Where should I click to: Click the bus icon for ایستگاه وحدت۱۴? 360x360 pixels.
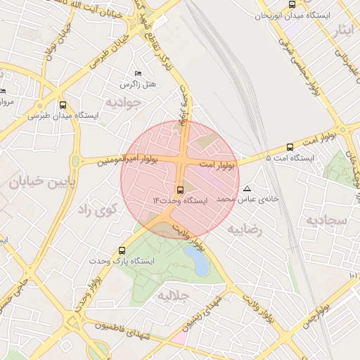[x=181, y=189]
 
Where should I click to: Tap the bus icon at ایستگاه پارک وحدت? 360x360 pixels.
[x=122, y=250]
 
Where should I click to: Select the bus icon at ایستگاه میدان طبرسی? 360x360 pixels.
[x=63, y=104]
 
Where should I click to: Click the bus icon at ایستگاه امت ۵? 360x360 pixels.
[x=290, y=147]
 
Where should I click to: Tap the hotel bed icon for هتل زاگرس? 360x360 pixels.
[x=138, y=73]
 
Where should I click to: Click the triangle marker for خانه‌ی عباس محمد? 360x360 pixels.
[x=247, y=188]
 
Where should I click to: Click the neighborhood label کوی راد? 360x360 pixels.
[x=94, y=209]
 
